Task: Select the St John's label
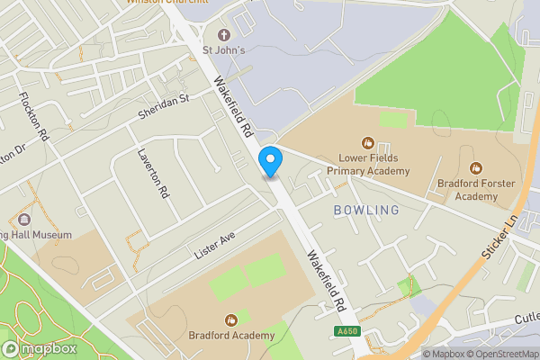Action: pos(223,50)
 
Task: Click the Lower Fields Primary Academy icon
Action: pos(367,142)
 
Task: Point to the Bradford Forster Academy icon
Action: pos(476,168)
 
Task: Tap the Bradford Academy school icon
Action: pos(231,319)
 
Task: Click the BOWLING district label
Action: pos(365,210)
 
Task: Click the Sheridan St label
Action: pos(165,107)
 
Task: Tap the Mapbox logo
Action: pos(39,348)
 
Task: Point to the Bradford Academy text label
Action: pos(231,336)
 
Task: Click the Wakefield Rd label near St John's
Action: pos(232,106)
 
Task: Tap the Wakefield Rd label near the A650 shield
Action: pos(327,280)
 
